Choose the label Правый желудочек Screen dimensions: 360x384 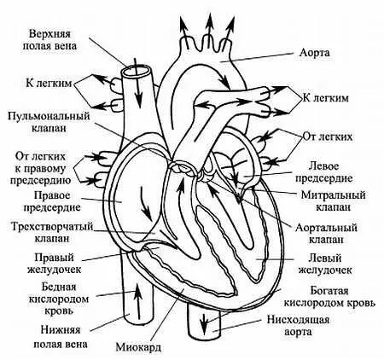(53, 262)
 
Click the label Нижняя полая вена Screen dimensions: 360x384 (48, 328)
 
